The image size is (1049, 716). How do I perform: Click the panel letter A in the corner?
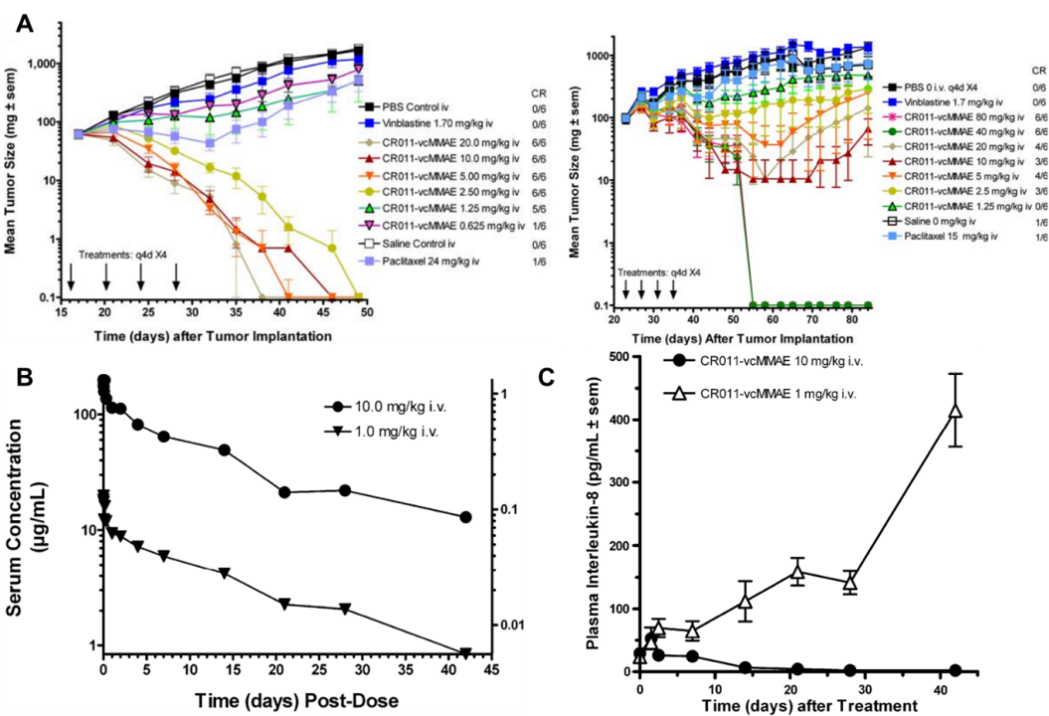(x=25, y=23)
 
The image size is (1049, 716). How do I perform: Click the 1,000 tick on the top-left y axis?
(x=45, y=63)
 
